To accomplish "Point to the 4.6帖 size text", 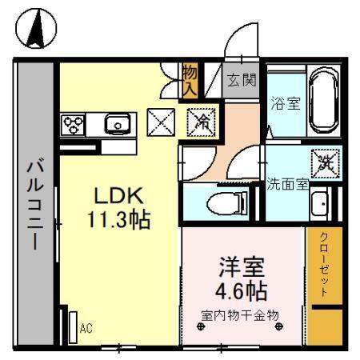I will click(240, 289).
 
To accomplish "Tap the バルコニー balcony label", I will click(34, 205).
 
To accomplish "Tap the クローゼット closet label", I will click(324, 264).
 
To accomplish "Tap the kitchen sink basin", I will click(118, 124).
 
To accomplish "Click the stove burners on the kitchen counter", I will click(74, 124).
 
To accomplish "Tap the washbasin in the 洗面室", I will click(322, 204).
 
